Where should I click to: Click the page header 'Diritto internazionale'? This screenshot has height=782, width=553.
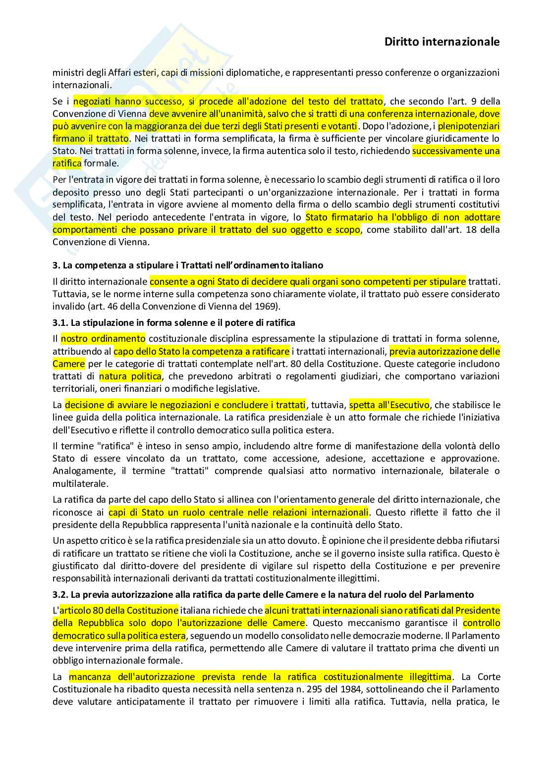(442, 42)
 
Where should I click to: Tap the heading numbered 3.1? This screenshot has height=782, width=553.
(174, 322)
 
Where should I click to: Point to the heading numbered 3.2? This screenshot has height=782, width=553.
(263, 594)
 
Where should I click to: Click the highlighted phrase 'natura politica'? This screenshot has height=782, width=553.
(130, 376)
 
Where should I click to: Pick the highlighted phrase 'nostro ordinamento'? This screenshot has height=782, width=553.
(103, 339)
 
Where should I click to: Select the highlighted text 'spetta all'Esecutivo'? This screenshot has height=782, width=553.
(389, 405)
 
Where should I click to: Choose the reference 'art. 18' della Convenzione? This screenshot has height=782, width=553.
(466, 230)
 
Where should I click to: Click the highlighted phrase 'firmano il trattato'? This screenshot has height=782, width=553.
(91, 139)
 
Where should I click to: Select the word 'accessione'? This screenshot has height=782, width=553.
(268, 459)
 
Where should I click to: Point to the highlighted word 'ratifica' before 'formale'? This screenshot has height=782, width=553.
(67, 163)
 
